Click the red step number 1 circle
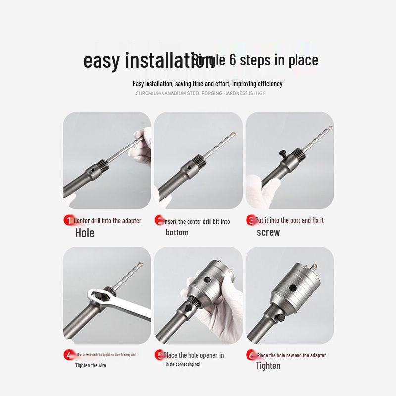click(x=68, y=220)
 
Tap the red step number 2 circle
click(x=159, y=220)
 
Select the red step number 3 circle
click(x=250, y=220)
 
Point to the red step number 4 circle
click(x=68, y=355)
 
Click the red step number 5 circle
click(x=159, y=355)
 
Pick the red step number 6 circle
click(x=250, y=355)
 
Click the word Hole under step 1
click(x=85, y=233)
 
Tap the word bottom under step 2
click(x=177, y=232)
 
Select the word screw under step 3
click(x=268, y=232)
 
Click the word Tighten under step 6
click(x=268, y=366)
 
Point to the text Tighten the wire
click(x=91, y=365)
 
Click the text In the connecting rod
click(x=182, y=364)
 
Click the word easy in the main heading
click(x=101, y=60)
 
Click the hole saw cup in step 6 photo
click(x=297, y=285)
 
